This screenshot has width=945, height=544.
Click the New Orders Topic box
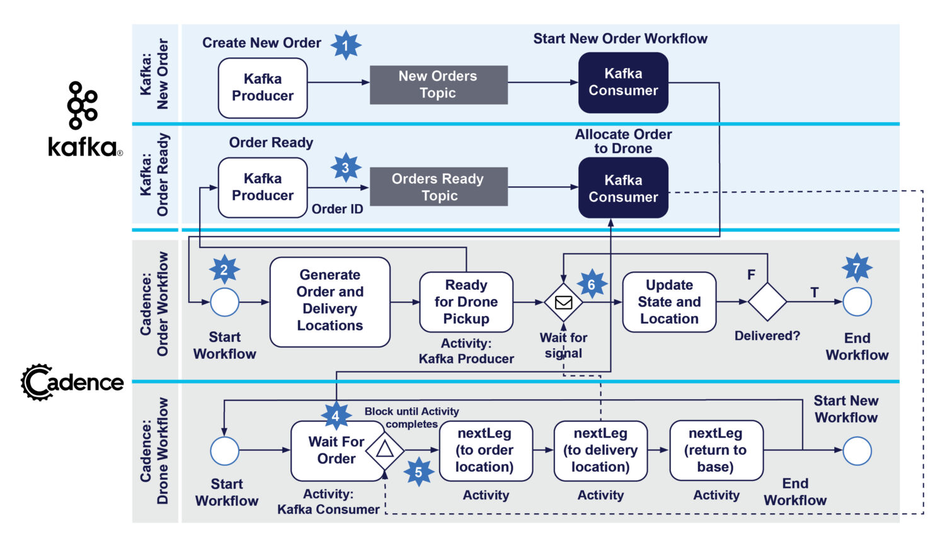tap(438, 84)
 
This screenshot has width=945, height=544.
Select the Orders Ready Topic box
tap(438, 187)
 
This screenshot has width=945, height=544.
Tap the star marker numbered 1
tap(346, 45)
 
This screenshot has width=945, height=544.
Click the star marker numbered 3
tap(346, 168)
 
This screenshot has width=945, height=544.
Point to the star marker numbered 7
tap(857, 269)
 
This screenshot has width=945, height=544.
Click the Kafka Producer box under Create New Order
tap(263, 88)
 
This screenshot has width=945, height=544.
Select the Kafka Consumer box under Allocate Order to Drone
tap(623, 188)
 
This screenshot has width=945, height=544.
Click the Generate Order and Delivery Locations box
tap(329, 301)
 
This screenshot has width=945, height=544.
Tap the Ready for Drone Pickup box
tap(466, 302)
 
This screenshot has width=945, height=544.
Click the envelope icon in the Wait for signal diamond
tap(563, 302)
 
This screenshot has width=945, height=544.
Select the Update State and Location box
tap(669, 302)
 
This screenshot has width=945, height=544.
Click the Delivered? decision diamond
tap(767, 302)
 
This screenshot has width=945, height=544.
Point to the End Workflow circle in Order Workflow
tap(857, 302)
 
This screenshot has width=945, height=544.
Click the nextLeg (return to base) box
tap(716, 451)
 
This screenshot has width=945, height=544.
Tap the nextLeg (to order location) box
tap(485, 451)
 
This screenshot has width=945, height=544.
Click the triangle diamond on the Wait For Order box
tap(384, 450)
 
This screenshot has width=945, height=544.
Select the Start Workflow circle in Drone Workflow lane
tap(225, 451)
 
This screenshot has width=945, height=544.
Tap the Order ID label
tap(337, 209)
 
